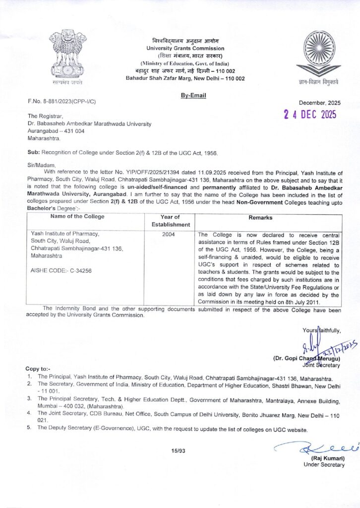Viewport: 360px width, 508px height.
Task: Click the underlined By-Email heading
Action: [x=192, y=95]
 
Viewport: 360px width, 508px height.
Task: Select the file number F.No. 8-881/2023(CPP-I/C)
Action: [x=62, y=102]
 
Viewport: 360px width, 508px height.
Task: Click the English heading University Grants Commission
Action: [x=185, y=48]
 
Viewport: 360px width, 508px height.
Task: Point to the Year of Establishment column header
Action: [x=171, y=221]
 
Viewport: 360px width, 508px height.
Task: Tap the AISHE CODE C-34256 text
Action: [x=61, y=270]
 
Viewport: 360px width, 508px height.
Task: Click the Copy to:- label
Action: [x=38, y=369]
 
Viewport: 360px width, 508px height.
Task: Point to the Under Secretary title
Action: [x=324, y=464]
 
